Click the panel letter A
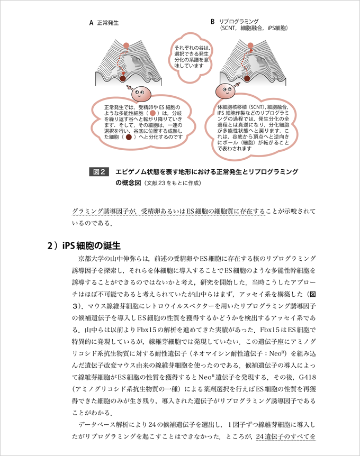point(91,23)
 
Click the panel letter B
point(213,22)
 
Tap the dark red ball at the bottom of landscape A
point(122,78)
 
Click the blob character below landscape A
point(140,94)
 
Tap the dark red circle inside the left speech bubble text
point(129,136)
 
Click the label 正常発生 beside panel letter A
point(107,23)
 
